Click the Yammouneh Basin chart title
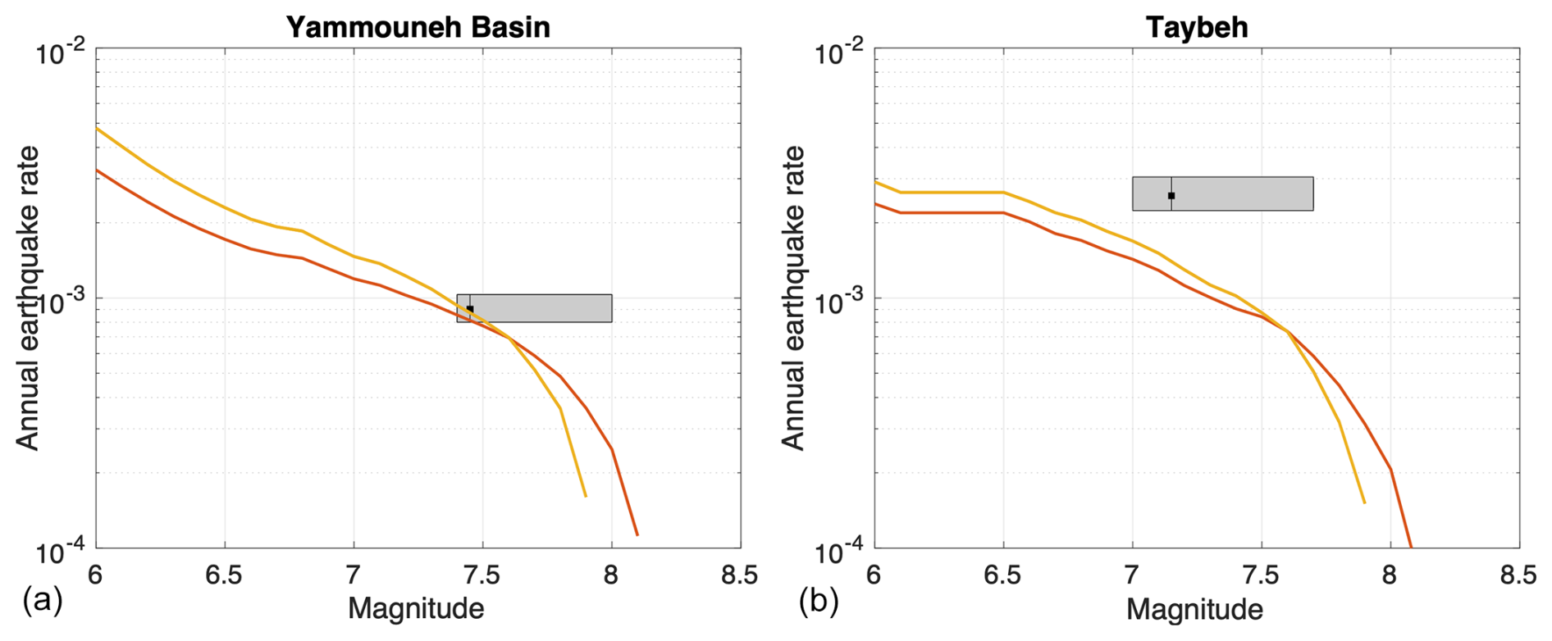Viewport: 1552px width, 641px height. pyautogui.click(x=418, y=27)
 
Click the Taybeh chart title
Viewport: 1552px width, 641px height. pyautogui.click(x=1197, y=27)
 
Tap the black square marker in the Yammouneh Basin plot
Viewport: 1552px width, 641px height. pyautogui.click(x=470, y=309)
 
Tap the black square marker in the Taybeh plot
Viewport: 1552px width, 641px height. pyautogui.click(x=1171, y=196)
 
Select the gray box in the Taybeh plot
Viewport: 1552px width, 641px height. pyautogui.click(x=1222, y=193)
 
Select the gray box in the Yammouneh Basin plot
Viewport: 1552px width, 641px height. pyautogui.click(x=534, y=308)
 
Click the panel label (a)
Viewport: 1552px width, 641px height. pyautogui.click(x=43, y=601)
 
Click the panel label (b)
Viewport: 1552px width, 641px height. pyautogui.click(x=819, y=601)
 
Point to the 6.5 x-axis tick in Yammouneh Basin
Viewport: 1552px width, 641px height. pyautogui.click(x=224, y=575)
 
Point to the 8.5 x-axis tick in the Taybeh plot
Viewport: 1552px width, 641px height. pyautogui.click(x=1518, y=575)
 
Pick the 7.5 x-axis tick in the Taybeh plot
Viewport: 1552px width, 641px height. pyautogui.click(x=1261, y=575)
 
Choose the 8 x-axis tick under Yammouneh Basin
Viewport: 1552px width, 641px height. pyautogui.click(x=611, y=575)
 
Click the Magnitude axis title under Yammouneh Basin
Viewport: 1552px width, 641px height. pyautogui.click(x=416, y=609)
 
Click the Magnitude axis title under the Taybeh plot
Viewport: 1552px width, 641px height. pyautogui.click(x=1194, y=609)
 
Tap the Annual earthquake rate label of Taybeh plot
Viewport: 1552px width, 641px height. pyautogui.click(x=792, y=298)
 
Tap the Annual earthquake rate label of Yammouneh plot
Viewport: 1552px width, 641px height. pyautogui.click(x=28, y=298)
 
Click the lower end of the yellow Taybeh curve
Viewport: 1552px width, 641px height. pyautogui.click(x=1364, y=502)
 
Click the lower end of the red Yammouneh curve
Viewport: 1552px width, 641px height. pyautogui.click(x=637, y=534)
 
